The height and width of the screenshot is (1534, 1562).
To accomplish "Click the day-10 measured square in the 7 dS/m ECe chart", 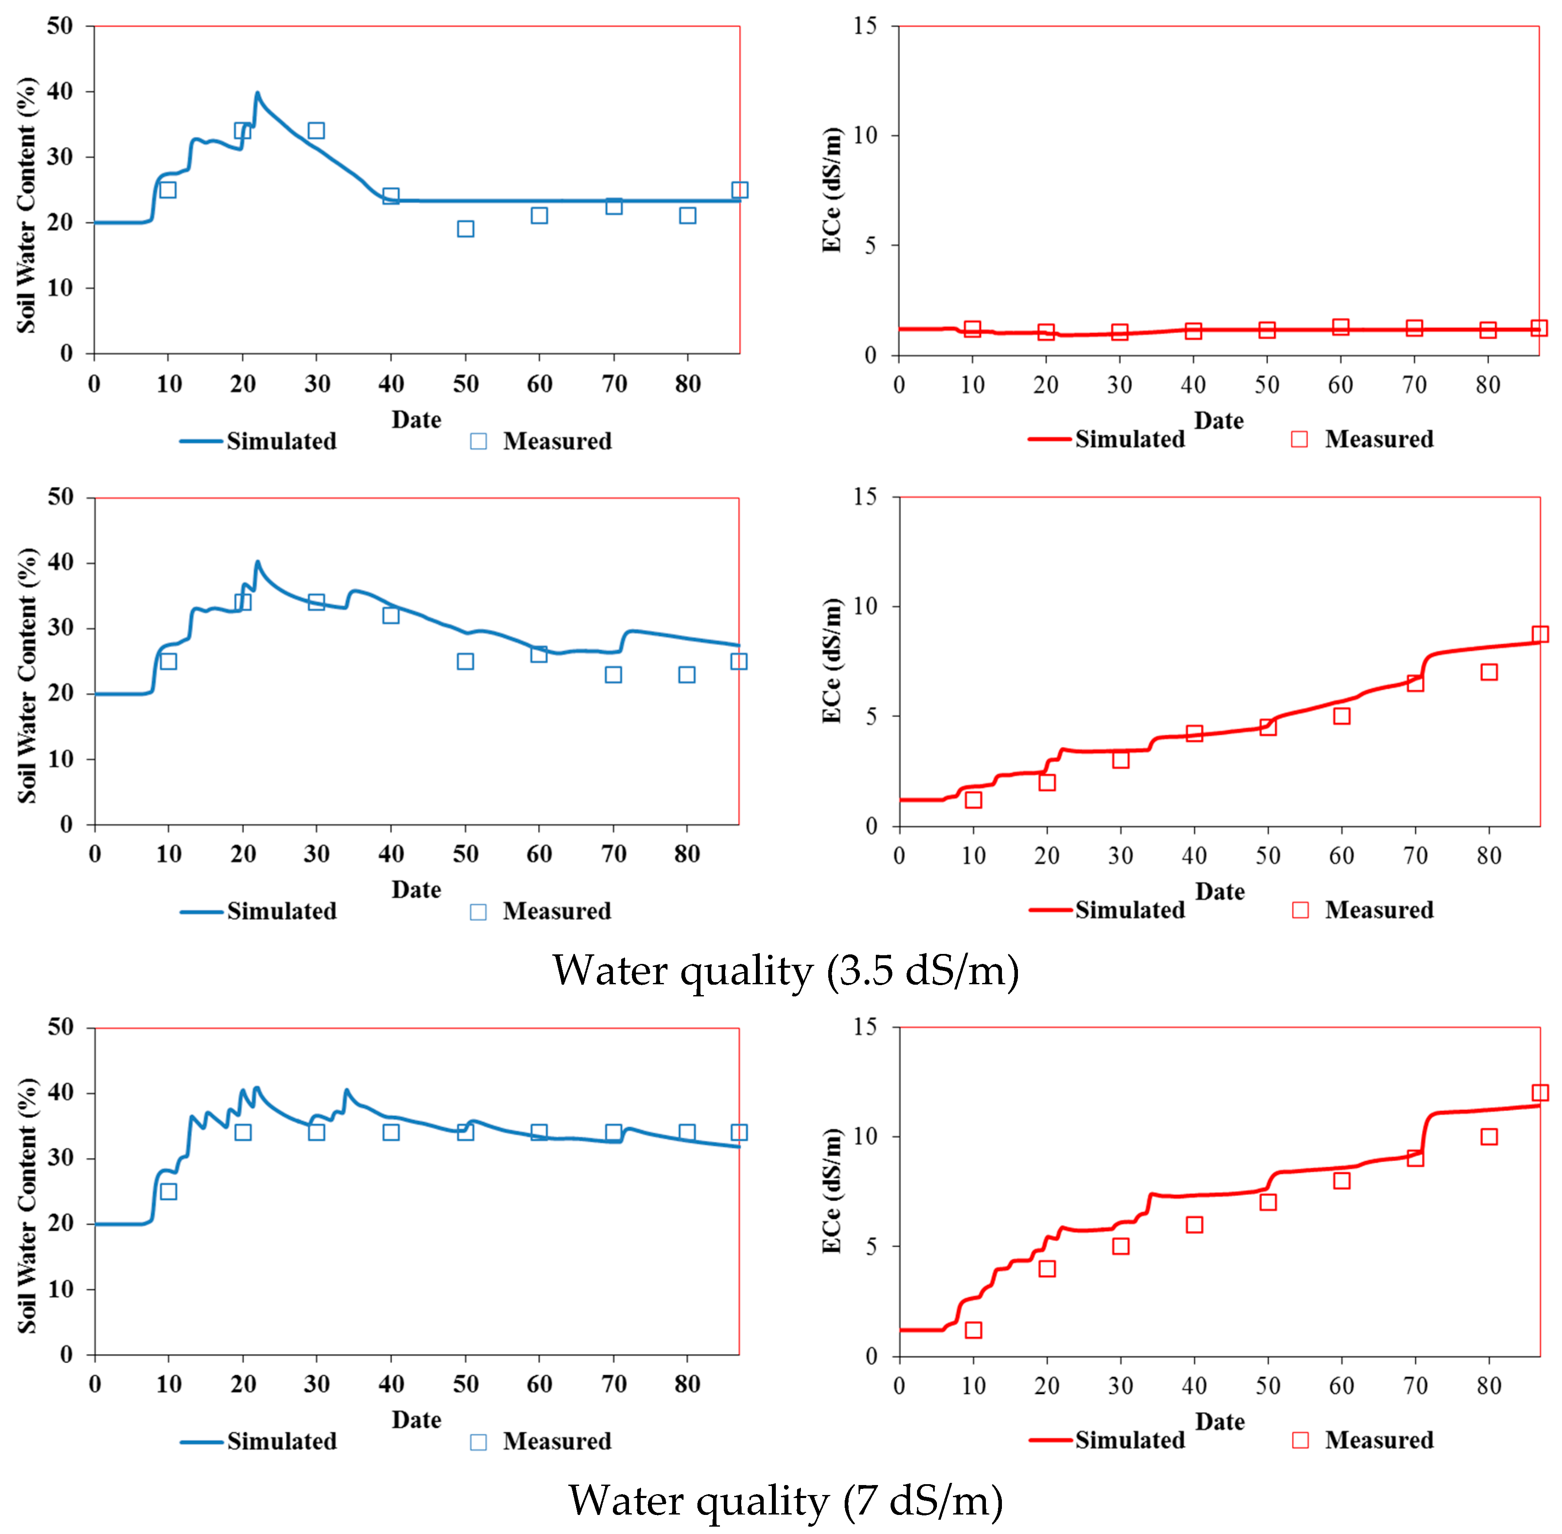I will pyautogui.click(x=973, y=1330).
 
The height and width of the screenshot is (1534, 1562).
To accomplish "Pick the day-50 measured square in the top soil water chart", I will pyautogui.click(x=465, y=229).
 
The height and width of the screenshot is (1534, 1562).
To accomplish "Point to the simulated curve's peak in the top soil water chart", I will pyautogui.click(x=257, y=94).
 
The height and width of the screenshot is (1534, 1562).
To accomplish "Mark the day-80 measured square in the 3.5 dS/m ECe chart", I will pyautogui.click(x=1489, y=672).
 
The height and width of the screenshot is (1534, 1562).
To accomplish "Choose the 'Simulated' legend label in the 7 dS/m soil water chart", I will pyautogui.click(x=281, y=1441).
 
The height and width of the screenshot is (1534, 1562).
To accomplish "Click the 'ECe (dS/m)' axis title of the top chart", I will pyautogui.click(x=832, y=190).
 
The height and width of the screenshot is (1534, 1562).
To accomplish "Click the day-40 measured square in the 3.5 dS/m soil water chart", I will pyautogui.click(x=391, y=616).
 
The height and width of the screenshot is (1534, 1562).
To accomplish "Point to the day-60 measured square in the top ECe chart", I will pyautogui.click(x=1341, y=327).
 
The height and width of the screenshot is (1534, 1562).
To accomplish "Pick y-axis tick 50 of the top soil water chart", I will pyautogui.click(x=60, y=26).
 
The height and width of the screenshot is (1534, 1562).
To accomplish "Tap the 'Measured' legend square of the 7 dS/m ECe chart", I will pyautogui.click(x=1300, y=1440).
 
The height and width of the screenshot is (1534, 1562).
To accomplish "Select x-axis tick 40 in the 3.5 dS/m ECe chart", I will pyautogui.click(x=1194, y=856).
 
